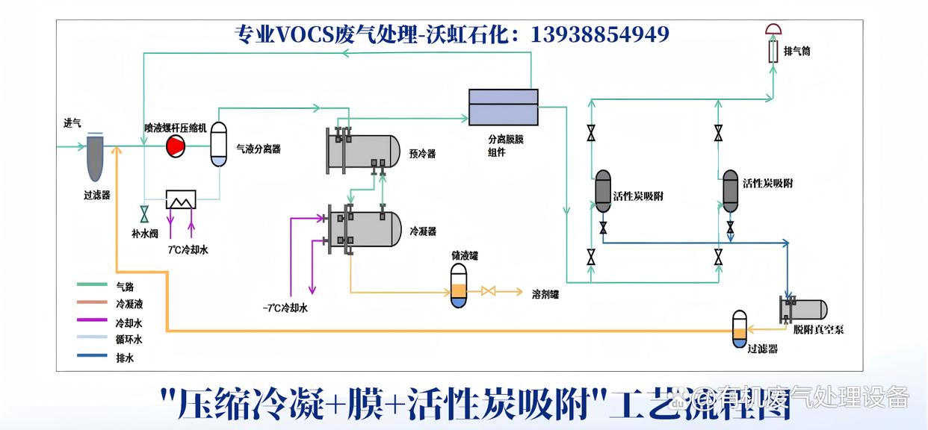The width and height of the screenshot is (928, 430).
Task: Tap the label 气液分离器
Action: pyautogui.click(x=259, y=149)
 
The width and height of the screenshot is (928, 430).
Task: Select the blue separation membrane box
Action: pyautogui.click(x=503, y=107)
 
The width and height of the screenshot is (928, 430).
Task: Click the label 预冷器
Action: pyautogui.click(x=422, y=155)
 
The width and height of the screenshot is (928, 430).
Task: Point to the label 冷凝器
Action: pyautogui.click(x=423, y=231)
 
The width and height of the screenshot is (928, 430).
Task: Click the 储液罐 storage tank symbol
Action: pyautogui.click(x=460, y=288)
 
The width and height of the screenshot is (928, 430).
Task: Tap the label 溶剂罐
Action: pyautogui.click(x=545, y=294)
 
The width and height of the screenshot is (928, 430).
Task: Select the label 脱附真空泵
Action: pyautogui.click(x=819, y=329)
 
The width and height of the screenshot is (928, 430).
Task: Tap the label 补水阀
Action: pyautogui.click(x=145, y=234)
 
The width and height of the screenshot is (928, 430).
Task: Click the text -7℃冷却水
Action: pyautogui.click(x=285, y=308)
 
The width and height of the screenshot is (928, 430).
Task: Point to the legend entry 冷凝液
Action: pyautogui.click(x=129, y=305)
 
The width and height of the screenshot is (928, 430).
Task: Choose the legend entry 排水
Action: pyautogui.click(x=124, y=358)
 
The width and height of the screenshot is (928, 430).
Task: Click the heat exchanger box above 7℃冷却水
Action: pyautogui.click(x=180, y=199)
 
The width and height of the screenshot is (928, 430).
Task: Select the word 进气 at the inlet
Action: pyautogui.click(x=72, y=124)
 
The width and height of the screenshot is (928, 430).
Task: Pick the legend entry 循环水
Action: pyautogui.click(x=129, y=340)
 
